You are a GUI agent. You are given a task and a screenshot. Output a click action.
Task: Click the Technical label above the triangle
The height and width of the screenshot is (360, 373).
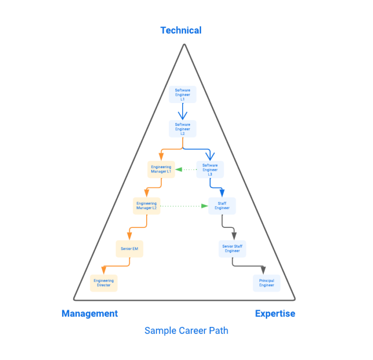pyautogui.click(x=181, y=30)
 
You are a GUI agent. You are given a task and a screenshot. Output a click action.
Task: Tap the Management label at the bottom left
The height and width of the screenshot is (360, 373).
pyautogui.click(x=89, y=313)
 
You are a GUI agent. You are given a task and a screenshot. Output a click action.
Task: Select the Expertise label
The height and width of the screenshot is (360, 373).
pyautogui.click(x=275, y=313)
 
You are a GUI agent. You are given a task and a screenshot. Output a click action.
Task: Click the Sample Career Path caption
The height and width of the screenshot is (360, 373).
pyautogui.click(x=186, y=331)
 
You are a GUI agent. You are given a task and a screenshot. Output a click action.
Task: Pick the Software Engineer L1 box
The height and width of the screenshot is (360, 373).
pyautogui.click(x=183, y=94)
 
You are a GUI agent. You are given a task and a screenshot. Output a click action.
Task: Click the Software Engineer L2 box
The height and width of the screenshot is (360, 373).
pyautogui.click(x=183, y=129)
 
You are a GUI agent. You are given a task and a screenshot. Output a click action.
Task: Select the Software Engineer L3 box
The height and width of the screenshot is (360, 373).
pyautogui.click(x=210, y=170)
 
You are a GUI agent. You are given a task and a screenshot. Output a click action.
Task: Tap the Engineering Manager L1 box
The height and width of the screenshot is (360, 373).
pyautogui.click(x=161, y=170)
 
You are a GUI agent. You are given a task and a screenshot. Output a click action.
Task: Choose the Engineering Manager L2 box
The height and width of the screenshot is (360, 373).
pyautogui.click(x=146, y=206)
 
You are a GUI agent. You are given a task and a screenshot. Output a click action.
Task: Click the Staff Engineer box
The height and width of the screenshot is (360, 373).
pyautogui.click(x=222, y=206)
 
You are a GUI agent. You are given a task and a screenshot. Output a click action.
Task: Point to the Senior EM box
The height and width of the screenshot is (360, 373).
pyautogui.click(x=130, y=249)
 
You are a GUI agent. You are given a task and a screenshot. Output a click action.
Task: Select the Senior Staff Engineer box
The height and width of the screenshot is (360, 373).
pyautogui.click(x=232, y=249)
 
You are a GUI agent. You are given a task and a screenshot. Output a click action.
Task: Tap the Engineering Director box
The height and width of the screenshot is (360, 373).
pyautogui.click(x=103, y=283)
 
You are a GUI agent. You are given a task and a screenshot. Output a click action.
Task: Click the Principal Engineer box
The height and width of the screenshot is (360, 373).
pyautogui.click(x=267, y=283)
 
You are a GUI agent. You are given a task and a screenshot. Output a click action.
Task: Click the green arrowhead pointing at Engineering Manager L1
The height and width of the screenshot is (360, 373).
pyautogui.click(x=178, y=170)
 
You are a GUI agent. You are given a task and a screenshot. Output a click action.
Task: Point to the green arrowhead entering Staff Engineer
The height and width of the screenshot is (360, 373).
pyautogui.click(x=205, y=206)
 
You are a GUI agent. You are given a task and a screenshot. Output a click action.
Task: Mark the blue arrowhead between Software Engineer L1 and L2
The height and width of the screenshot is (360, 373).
pyautogui.click(x=183, y=116)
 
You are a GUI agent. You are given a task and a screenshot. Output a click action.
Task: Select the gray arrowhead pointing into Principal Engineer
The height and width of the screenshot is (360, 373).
pyautogui.click(x=263, y=270)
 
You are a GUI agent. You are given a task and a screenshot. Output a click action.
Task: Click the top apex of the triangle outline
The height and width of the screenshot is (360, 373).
pyautogui.click(x=184, y=45)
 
